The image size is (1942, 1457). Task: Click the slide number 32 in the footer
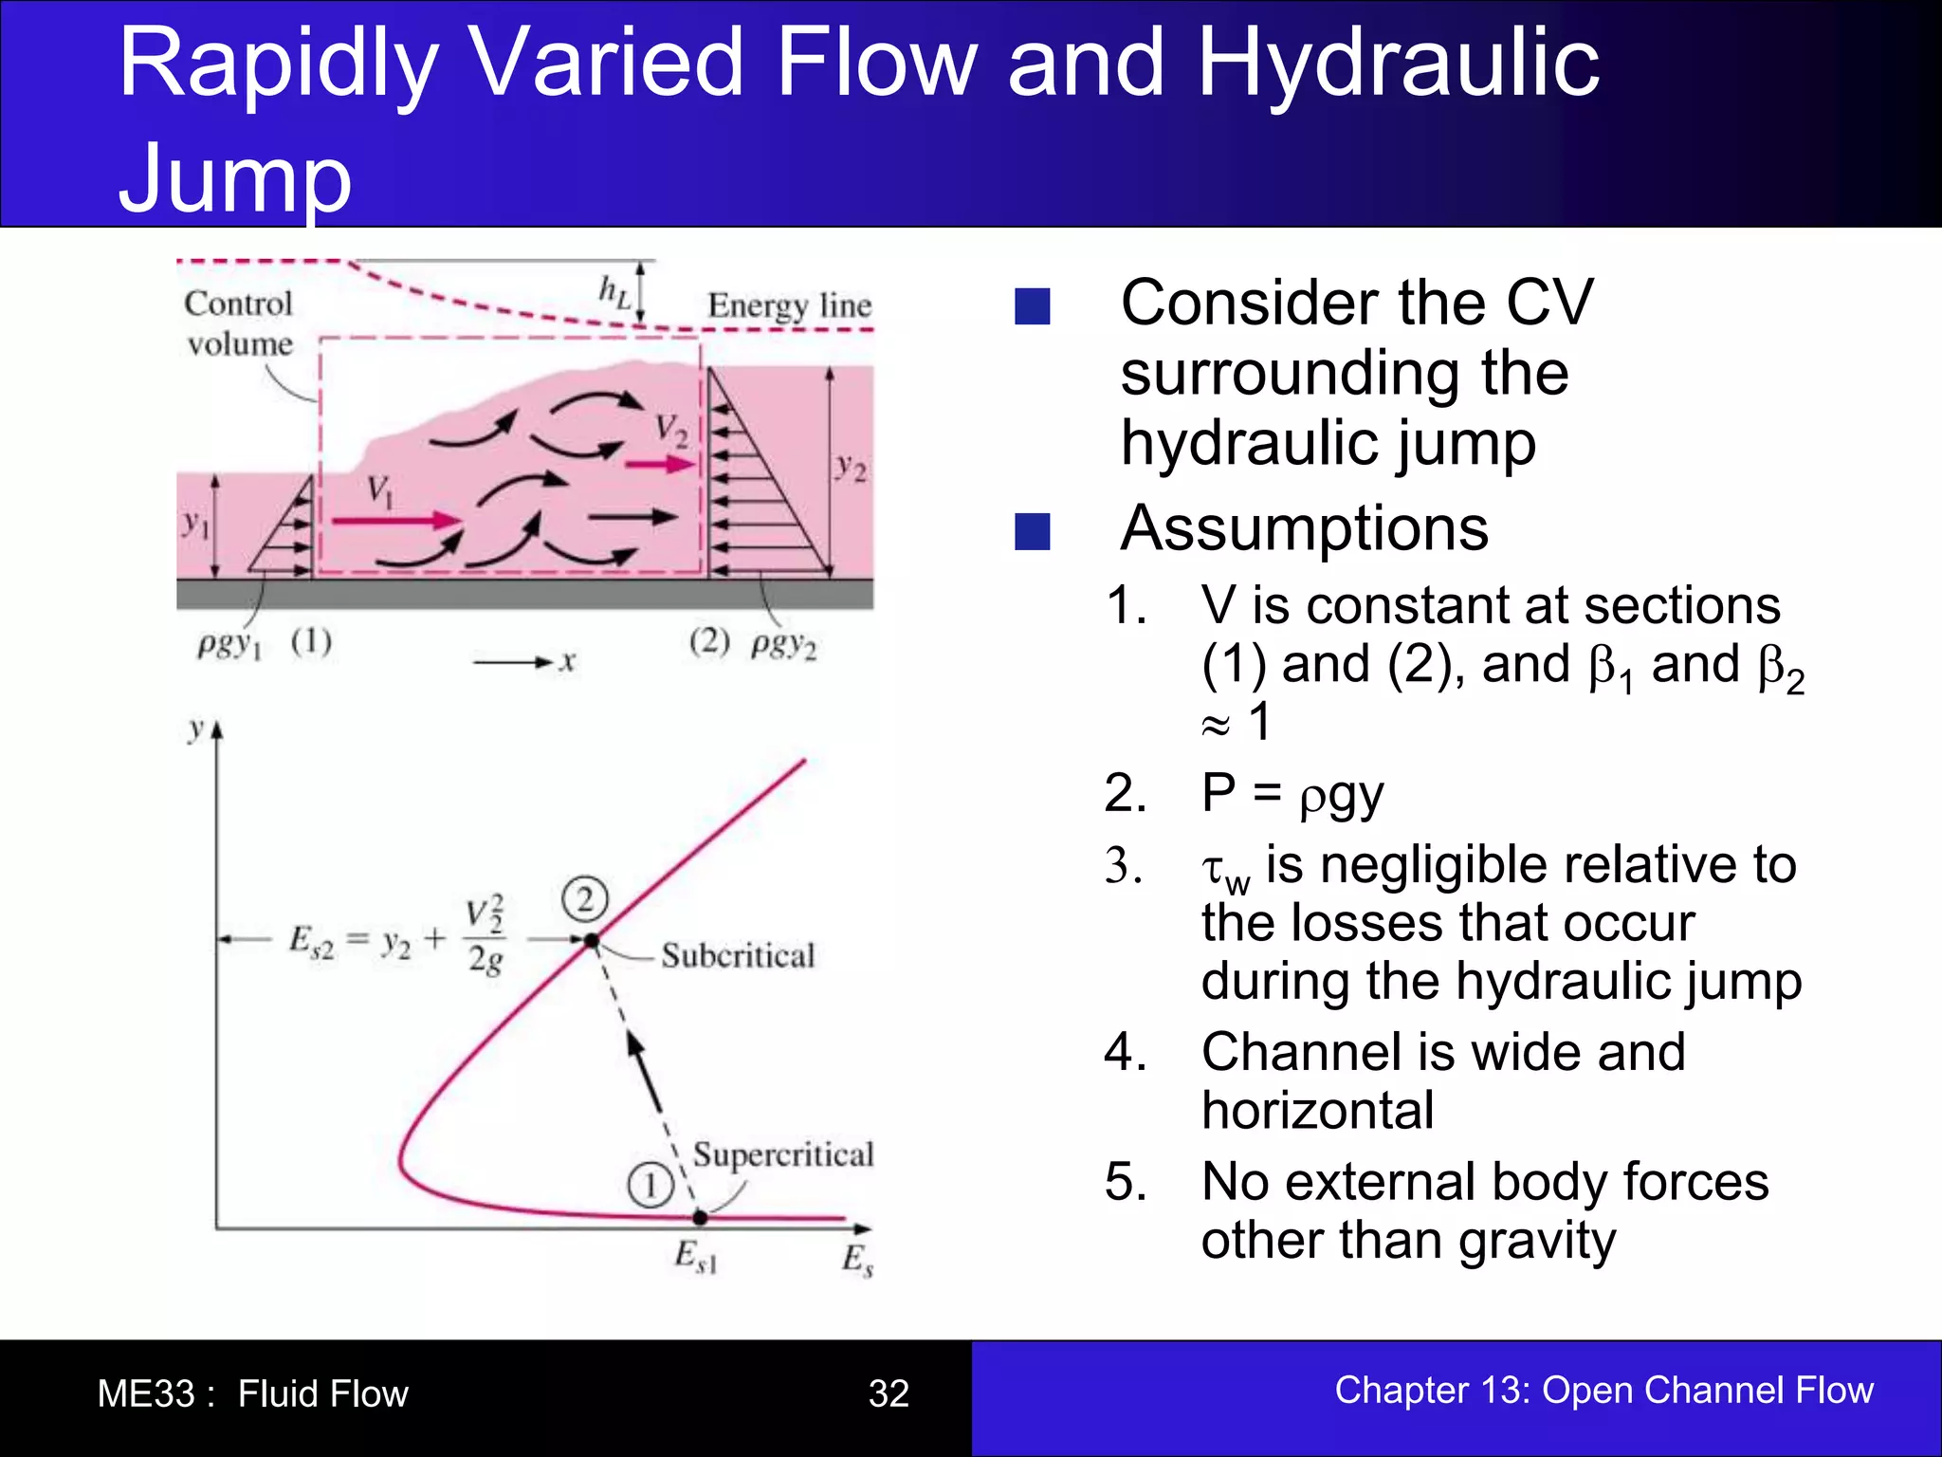pyautogui.click(x=889, y=1392)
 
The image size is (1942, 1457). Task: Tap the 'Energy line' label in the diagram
pyautogui.click(x=789, y=305)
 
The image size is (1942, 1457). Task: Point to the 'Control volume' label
pyautogui.click(x=239, y=323)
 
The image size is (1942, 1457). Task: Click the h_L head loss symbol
pyautogui.click(x=614, y=292)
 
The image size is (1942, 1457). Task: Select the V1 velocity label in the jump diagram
pyautogui.click(x=380, y=491)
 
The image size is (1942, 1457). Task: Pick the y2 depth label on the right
pyautogui.click(x=851, y=467)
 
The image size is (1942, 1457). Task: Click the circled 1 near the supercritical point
pyautogui.click(x=650, y=1186)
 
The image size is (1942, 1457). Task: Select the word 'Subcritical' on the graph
pyautogui.click(x=738, y=955)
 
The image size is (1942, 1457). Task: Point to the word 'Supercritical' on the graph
pyautogui.click(x=782, y=1154)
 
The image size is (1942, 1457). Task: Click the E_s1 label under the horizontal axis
pyautogui.click(x=696, y=1257)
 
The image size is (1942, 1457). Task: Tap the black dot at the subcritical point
pyautogui.click(x=592, y=941)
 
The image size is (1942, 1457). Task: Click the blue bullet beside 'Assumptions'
pyautogui.click(x=1033, y=532)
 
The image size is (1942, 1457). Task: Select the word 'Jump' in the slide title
pyautogui.click(x=235, y=177)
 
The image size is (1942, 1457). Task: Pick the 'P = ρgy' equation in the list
pyautogui.click(x=1292, y=794)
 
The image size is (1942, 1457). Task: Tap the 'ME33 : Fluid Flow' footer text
pyautogui.click(x=252, y=1393)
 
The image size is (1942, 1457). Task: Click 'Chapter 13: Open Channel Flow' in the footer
pyautogui.click(x=1603, y=1390)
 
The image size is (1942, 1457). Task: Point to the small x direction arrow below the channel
pyautogui.click(x=513, y=662)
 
